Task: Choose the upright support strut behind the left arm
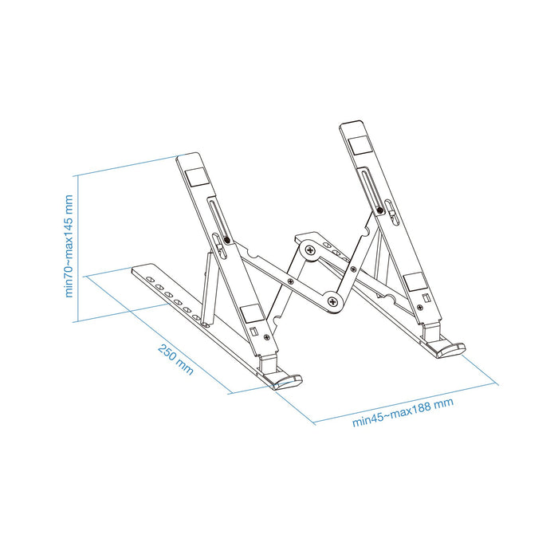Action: (210, 287)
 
